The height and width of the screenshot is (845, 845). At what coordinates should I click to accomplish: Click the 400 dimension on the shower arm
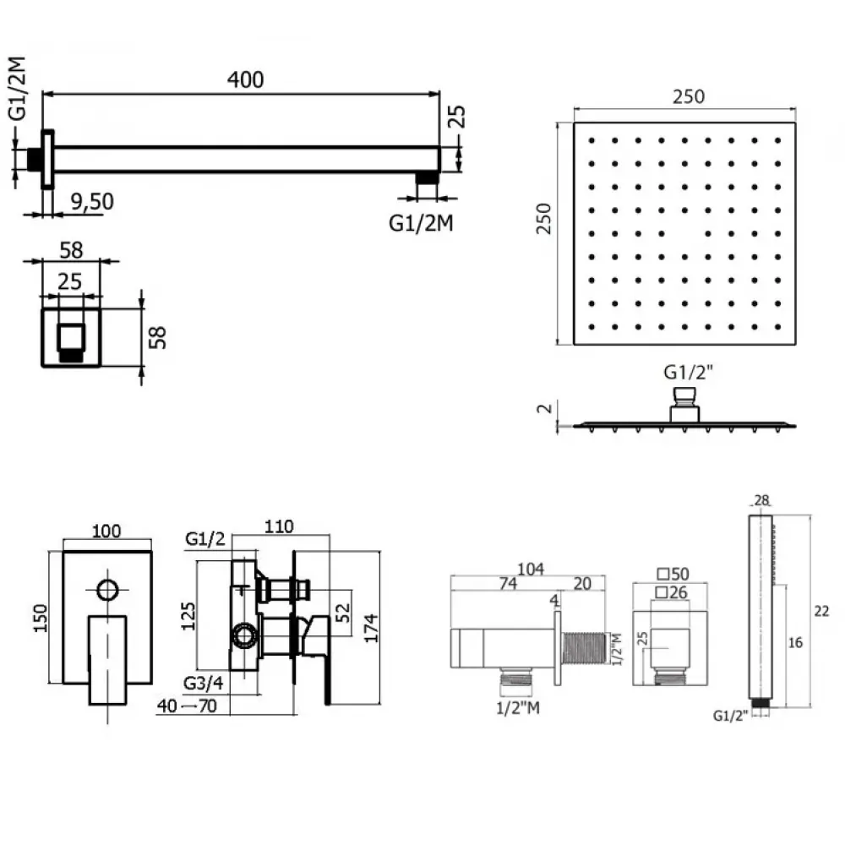[x=245, y=79]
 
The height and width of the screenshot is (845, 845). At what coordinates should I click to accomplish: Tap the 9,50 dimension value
[x=92, y=202]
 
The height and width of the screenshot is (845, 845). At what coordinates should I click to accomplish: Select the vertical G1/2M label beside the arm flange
[x=17, y=88]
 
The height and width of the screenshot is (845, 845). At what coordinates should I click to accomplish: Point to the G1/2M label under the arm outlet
[x=421, y=222]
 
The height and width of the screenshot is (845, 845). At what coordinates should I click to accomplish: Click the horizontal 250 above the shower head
[x=688, y=96]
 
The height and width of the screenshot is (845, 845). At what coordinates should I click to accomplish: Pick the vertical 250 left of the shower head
[x=543, y=218]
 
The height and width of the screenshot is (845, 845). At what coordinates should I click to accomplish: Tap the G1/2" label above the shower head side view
[x=688, y=372]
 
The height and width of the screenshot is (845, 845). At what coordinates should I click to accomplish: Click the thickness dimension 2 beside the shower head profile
[x=545, y=408]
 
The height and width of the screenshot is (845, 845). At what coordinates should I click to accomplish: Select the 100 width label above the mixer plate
[x=106, y=531]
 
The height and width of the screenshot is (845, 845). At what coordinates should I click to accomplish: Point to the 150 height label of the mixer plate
[x=41, y=619]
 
